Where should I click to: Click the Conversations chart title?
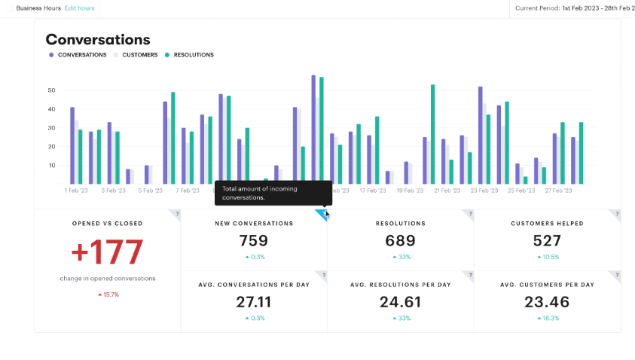coord(98,40)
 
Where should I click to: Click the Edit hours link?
coord(79,8)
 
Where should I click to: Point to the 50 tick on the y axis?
coord(51,90)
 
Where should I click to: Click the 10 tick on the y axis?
coord(51,166)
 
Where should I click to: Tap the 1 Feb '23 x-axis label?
coord(75,191)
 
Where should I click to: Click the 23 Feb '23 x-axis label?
coord(483,191)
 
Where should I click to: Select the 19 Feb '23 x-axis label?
coord(409,191)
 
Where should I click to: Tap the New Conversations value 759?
coord(254,241)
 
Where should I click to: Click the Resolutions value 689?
coord(400,241)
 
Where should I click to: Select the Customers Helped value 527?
coord(547,241)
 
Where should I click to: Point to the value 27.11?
coord(254,302)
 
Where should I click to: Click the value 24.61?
coord(400,302)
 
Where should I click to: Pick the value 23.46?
coord(547,302)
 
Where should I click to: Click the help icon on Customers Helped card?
coord(616,214)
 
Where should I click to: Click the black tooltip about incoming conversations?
coord(273,193)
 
